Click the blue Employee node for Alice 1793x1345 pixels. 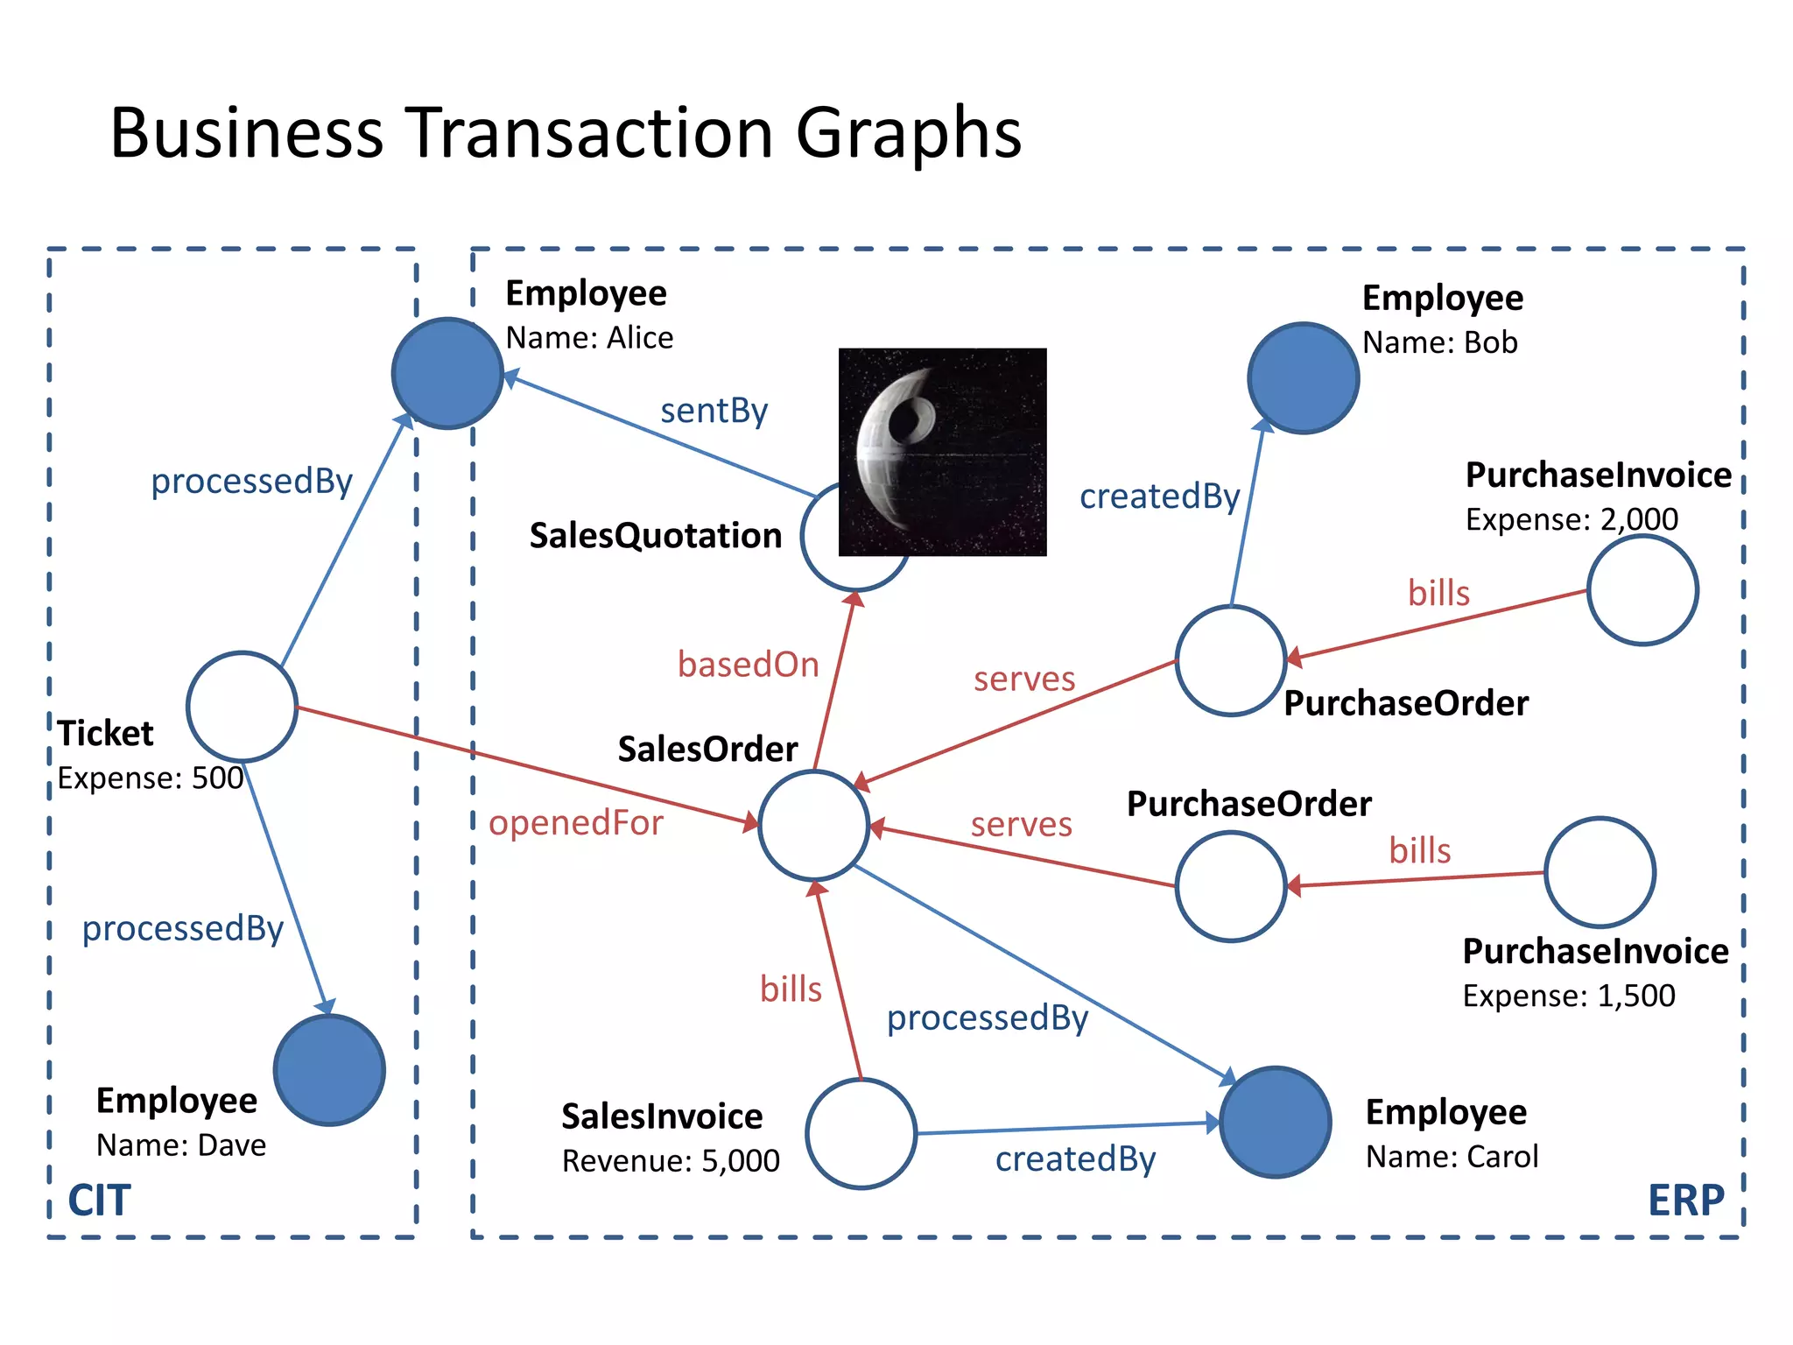coord(447,373)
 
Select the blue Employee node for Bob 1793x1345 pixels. coord(1303,377)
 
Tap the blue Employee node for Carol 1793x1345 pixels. coord(1275,1122)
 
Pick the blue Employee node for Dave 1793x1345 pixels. coord(329,1069)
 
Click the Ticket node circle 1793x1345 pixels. coord(242,707)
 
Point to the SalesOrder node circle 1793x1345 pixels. coord(813,825)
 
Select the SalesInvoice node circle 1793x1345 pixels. coord(861,1133)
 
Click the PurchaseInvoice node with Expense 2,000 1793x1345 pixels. coord(1642,590)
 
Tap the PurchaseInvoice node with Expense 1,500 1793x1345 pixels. coord(1600,872)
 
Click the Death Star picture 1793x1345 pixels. coord(942,452)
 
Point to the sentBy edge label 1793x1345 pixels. coord(714,410)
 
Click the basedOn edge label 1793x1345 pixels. coord(748,665)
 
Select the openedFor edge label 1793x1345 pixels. coord(575,822)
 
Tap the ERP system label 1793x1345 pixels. coord(1685,1200)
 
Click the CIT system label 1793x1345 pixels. coord(100,1200)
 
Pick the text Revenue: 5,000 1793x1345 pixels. coord(671,1160)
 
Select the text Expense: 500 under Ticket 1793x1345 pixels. coord(151,778)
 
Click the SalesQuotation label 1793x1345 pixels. coord(655,535)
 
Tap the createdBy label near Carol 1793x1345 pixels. coord(1075,1158)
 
